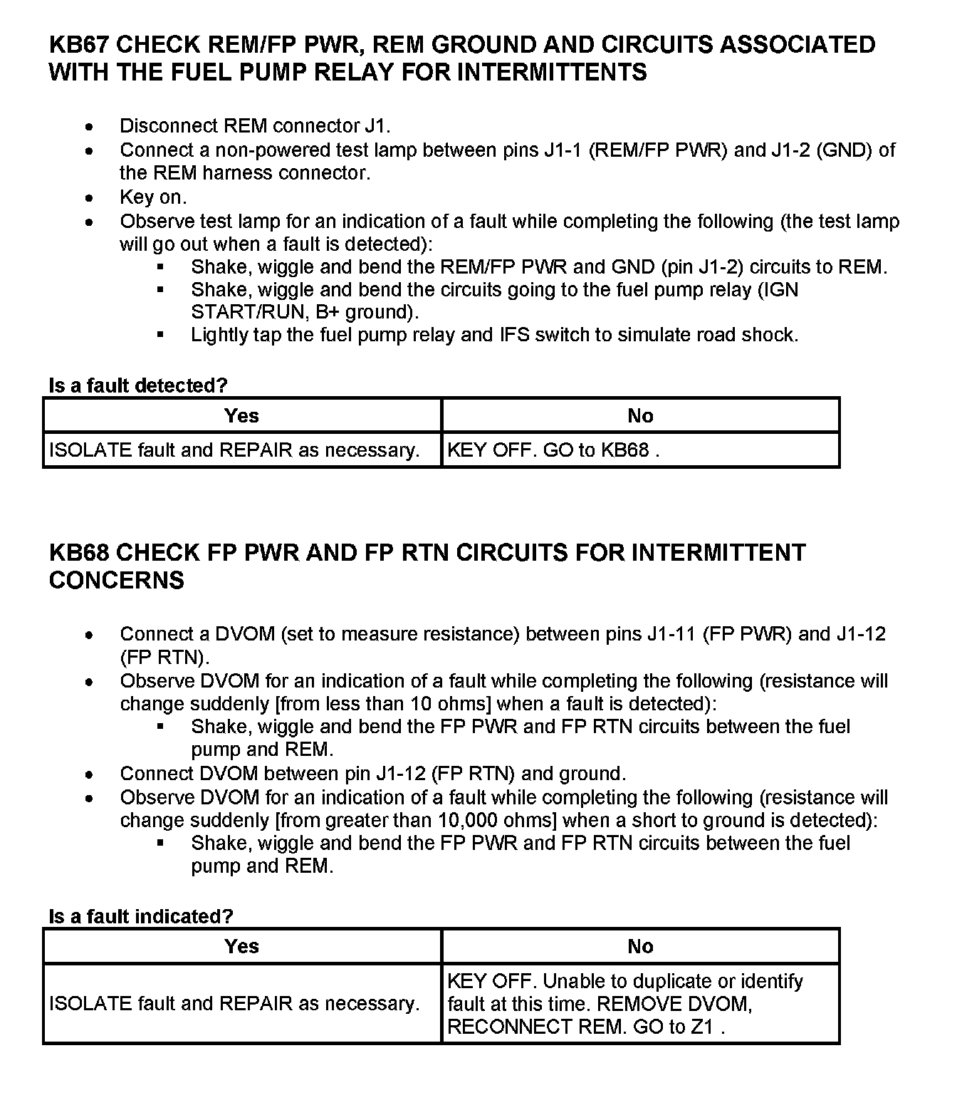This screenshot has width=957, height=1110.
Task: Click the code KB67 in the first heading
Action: coord(79,45)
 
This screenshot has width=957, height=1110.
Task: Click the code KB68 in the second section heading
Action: coord(79,553)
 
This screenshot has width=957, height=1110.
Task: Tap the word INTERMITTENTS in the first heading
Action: coord(551,73)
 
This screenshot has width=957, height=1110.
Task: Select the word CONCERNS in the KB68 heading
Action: coord(117,581)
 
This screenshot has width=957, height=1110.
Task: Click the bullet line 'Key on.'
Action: coord(153,197)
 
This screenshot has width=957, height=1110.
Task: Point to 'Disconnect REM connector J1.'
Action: coord(255,126)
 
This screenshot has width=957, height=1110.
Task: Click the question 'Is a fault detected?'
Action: coord(138,385)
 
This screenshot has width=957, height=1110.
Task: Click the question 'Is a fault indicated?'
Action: coord(141,916)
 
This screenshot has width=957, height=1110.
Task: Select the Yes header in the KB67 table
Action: coord(241,415)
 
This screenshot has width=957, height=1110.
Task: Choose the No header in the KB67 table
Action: coord(640,415)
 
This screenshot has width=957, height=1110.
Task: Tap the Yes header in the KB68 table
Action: coord(241,946)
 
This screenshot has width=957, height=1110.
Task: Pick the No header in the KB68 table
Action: coord(640,946)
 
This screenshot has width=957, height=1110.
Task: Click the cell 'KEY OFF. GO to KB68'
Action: coord(553,450)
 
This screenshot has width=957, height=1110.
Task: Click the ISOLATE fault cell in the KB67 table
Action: coord(234,450)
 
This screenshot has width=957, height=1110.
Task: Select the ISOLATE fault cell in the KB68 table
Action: coord(234,1004)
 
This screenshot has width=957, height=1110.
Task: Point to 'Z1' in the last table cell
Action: coord(702,1027)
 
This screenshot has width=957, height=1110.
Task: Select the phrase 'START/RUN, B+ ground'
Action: coord(303,313)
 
